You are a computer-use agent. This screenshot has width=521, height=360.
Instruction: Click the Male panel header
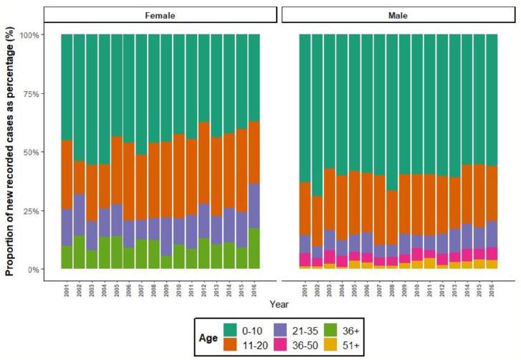pos(396,14)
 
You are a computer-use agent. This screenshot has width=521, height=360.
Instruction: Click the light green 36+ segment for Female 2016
pos(254,248)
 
